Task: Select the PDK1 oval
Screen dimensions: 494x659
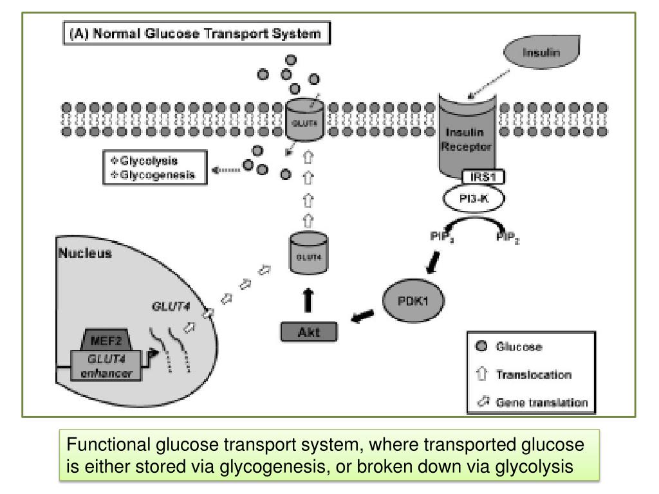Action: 414,300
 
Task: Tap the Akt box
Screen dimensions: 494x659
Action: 309,332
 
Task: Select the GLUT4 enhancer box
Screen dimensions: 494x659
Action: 110,367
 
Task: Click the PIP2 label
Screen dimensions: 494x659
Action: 507,239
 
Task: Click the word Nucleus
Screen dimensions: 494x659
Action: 85,253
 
